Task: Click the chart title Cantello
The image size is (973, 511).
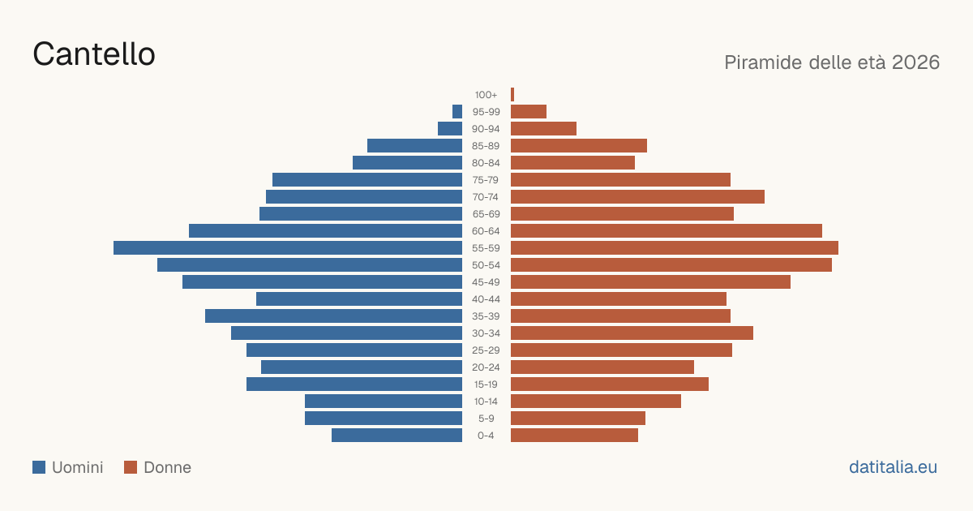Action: [94, 54]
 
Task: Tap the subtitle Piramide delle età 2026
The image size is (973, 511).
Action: [832, 62]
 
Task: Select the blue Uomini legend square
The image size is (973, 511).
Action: [39, 467]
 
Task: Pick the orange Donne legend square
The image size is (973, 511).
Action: [131, 467]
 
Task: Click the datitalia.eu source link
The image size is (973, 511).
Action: [893, 467]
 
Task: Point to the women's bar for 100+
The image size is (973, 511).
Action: [512, 95]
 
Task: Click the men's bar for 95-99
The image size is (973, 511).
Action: [457, 112]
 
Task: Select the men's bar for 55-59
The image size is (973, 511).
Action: [288, 248]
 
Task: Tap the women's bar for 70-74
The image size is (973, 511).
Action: [637, 197]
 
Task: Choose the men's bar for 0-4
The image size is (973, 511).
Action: [397, 436]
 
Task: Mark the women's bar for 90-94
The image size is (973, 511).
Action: [544, 129]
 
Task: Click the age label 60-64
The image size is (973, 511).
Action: [486, 231]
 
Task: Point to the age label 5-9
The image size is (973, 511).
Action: [486, 419]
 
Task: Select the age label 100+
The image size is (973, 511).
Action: [486, 95]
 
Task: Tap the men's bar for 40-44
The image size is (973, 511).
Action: [359, 299]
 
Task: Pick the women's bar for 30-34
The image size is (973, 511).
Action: [632, 333]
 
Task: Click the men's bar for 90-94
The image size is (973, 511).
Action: [450, 129]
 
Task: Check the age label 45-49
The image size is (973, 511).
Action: [486, 282]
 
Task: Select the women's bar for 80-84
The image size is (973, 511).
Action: [573, 163]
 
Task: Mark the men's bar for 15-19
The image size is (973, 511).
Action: [354, 384]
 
